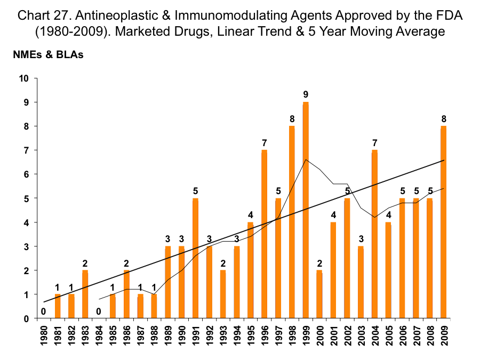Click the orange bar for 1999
click(x=306, y=210)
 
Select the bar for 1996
click(x=265, y=234)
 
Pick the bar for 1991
click(x=195, y=258)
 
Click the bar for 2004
click(x=375, y=234)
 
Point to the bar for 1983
click(x=85, y=294)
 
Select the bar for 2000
click(x=319, y=294)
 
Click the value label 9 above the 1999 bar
click(x=306, y=94)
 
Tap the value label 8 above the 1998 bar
click(x=292, y=118)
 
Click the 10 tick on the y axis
click(x=23, y=78)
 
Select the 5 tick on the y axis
click(x=26, y=198)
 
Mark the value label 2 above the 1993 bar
click(x=223, y=262)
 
